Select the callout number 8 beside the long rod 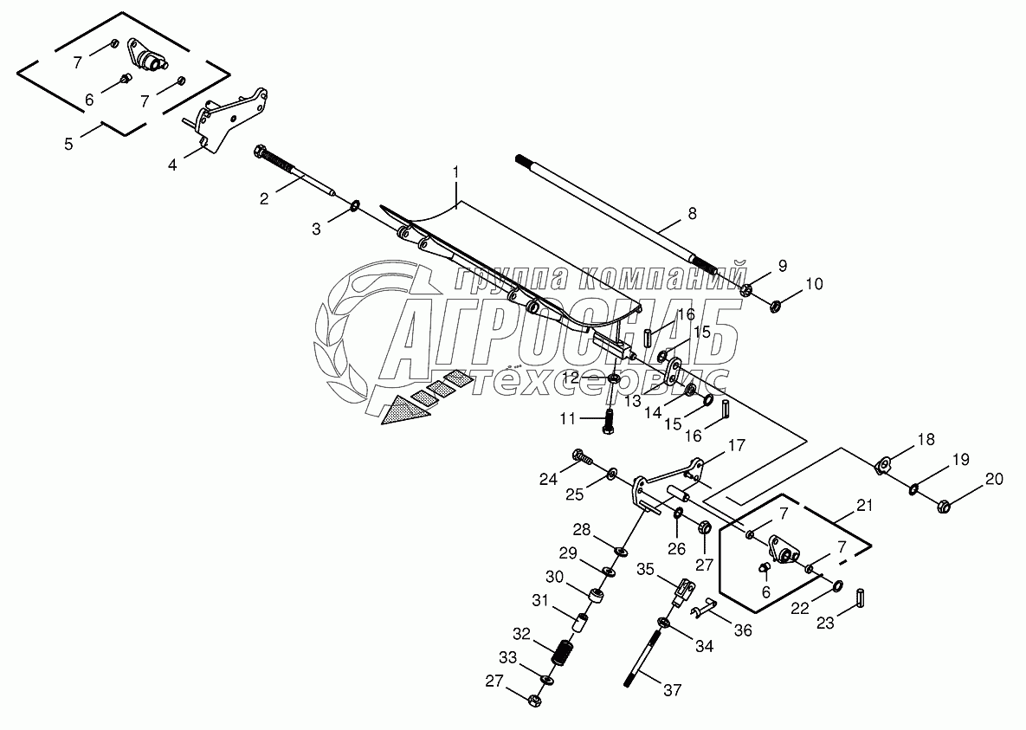click(x=692, y=211)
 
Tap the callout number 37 click(x=673, y=690)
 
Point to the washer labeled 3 click(x=356, y=207)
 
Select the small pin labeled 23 click(x=861, y=598)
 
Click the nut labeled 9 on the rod click(x=747, y=287)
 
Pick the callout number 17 click(x=736, y=447)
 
